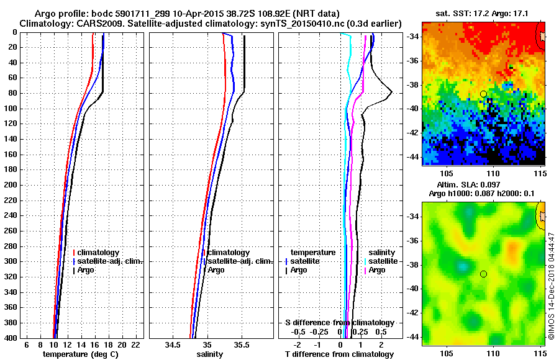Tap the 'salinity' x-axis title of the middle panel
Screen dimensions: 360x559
pyautogui.click(x=210, y=354)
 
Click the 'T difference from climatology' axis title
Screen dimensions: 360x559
pyautogui.click(x=339, y=354)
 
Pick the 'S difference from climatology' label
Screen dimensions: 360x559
pyautogui.click(x=339, y=323)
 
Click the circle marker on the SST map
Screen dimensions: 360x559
pyautogui.click(x=483, y=94)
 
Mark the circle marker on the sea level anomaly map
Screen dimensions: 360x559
pyautogui.click(x=483, y=274)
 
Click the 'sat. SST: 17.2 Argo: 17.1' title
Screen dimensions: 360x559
pyautogui.click(x=483, y=12)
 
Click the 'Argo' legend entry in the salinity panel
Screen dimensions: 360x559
pyautogui.click(x=216, y=270)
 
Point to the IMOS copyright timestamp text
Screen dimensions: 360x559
pyautogui.click(x=551, y=286)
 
